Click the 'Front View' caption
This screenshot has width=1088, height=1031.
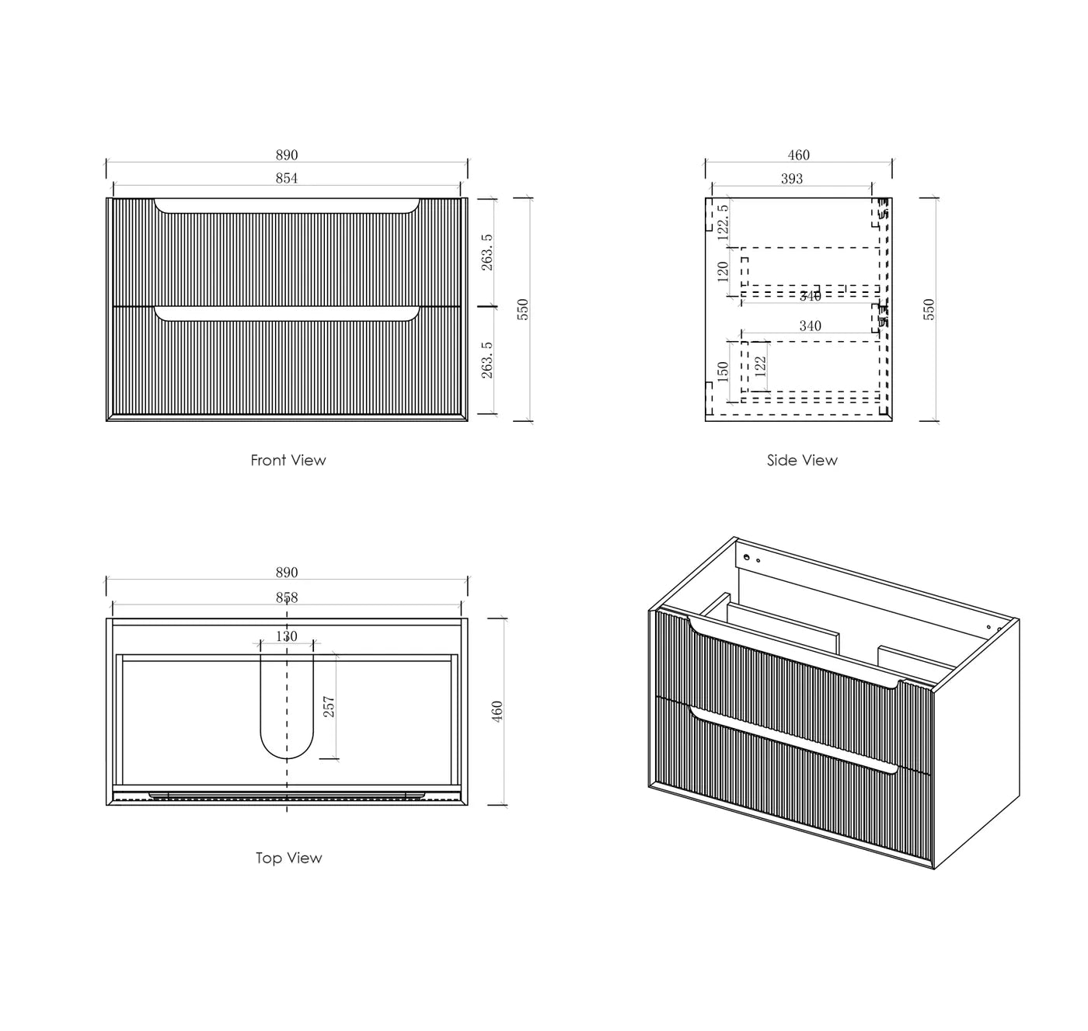[x=288, y=460]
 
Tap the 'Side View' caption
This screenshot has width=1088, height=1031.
[x=802, y=460]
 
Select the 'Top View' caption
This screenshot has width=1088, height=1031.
[x=288, y=858]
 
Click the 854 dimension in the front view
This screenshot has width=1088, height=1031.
[x=287, y=179]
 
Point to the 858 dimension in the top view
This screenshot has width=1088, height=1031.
[x=287, y=598]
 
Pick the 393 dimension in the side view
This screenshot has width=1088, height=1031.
[x=791, y=179]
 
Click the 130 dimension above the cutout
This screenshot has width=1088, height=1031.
[x=287, y=636]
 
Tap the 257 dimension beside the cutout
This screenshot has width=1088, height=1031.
[x=329, y=706]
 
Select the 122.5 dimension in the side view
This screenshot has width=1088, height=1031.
[x=722, y=220]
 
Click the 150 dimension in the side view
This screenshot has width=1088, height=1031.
[x=723, y=371]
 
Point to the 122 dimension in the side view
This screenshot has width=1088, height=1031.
[x=760, y=364]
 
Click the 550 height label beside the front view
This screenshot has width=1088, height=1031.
[x=522, y=309]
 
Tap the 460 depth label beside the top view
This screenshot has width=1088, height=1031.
[x=497, y=711]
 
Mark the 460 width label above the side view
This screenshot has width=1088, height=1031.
[x=798, y=155]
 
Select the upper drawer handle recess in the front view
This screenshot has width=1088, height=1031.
[x=287, y=206]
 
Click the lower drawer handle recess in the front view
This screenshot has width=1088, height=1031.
[x=287, y=314]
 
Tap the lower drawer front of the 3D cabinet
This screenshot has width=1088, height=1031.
[x=793, y=785]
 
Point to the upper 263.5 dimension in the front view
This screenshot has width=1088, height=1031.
[x=487, y=252]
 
